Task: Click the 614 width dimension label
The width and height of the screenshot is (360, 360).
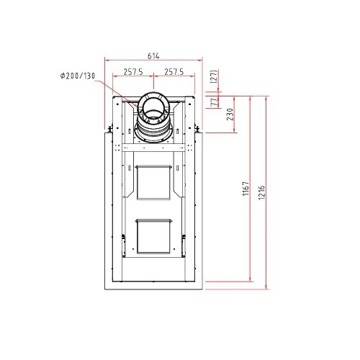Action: (x=153, y=56)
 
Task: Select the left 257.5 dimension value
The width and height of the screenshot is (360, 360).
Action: (x=133, y=72)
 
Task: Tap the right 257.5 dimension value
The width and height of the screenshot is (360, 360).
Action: (x=174, y=72)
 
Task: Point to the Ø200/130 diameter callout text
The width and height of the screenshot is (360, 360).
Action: (x=78, y=76)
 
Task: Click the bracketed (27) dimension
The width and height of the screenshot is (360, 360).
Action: (x=214, y=76)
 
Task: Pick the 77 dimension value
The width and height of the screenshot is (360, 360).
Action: (x=214, y=102)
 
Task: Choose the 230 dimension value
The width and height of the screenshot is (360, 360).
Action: (x=230, y=114)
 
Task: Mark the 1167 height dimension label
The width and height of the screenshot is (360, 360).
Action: (x=246, y=189)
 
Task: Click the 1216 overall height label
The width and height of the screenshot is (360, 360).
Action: (x=262, y=192)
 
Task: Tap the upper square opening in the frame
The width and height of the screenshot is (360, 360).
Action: (x=153, y=182)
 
